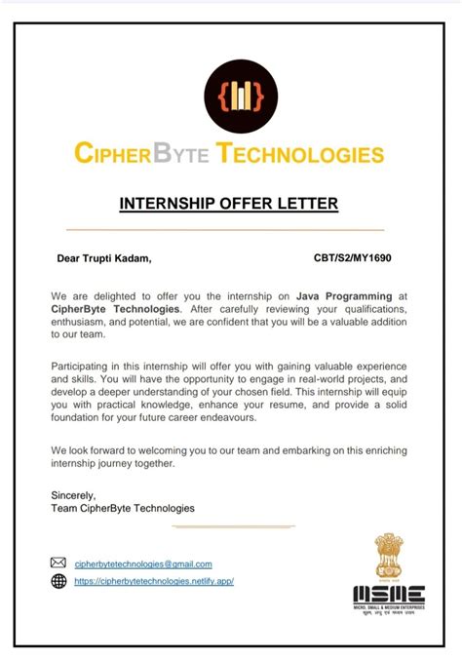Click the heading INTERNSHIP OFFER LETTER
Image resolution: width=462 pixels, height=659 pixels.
point(228,204)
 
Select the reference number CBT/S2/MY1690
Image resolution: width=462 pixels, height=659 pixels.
point(353,259)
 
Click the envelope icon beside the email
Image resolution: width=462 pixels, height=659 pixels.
point(58,562)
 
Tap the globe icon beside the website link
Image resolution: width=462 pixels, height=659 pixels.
point(58,581)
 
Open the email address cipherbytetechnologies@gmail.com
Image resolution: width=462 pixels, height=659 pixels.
point(143,563)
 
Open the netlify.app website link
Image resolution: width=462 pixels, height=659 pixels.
point(154,581)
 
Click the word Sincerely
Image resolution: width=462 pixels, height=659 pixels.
point(73,495)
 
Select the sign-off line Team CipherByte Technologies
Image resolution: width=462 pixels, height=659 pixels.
point(123,508)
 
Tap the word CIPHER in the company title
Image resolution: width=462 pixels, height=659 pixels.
point(115,154)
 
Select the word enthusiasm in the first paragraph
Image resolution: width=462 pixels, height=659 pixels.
point(87,321)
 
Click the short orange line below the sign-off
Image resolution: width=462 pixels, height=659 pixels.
point(233,526)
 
